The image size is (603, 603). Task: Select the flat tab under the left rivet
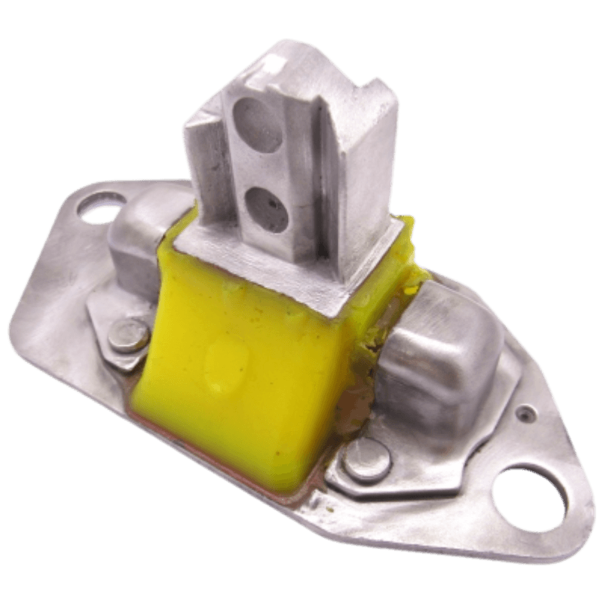[x=106, y=317]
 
